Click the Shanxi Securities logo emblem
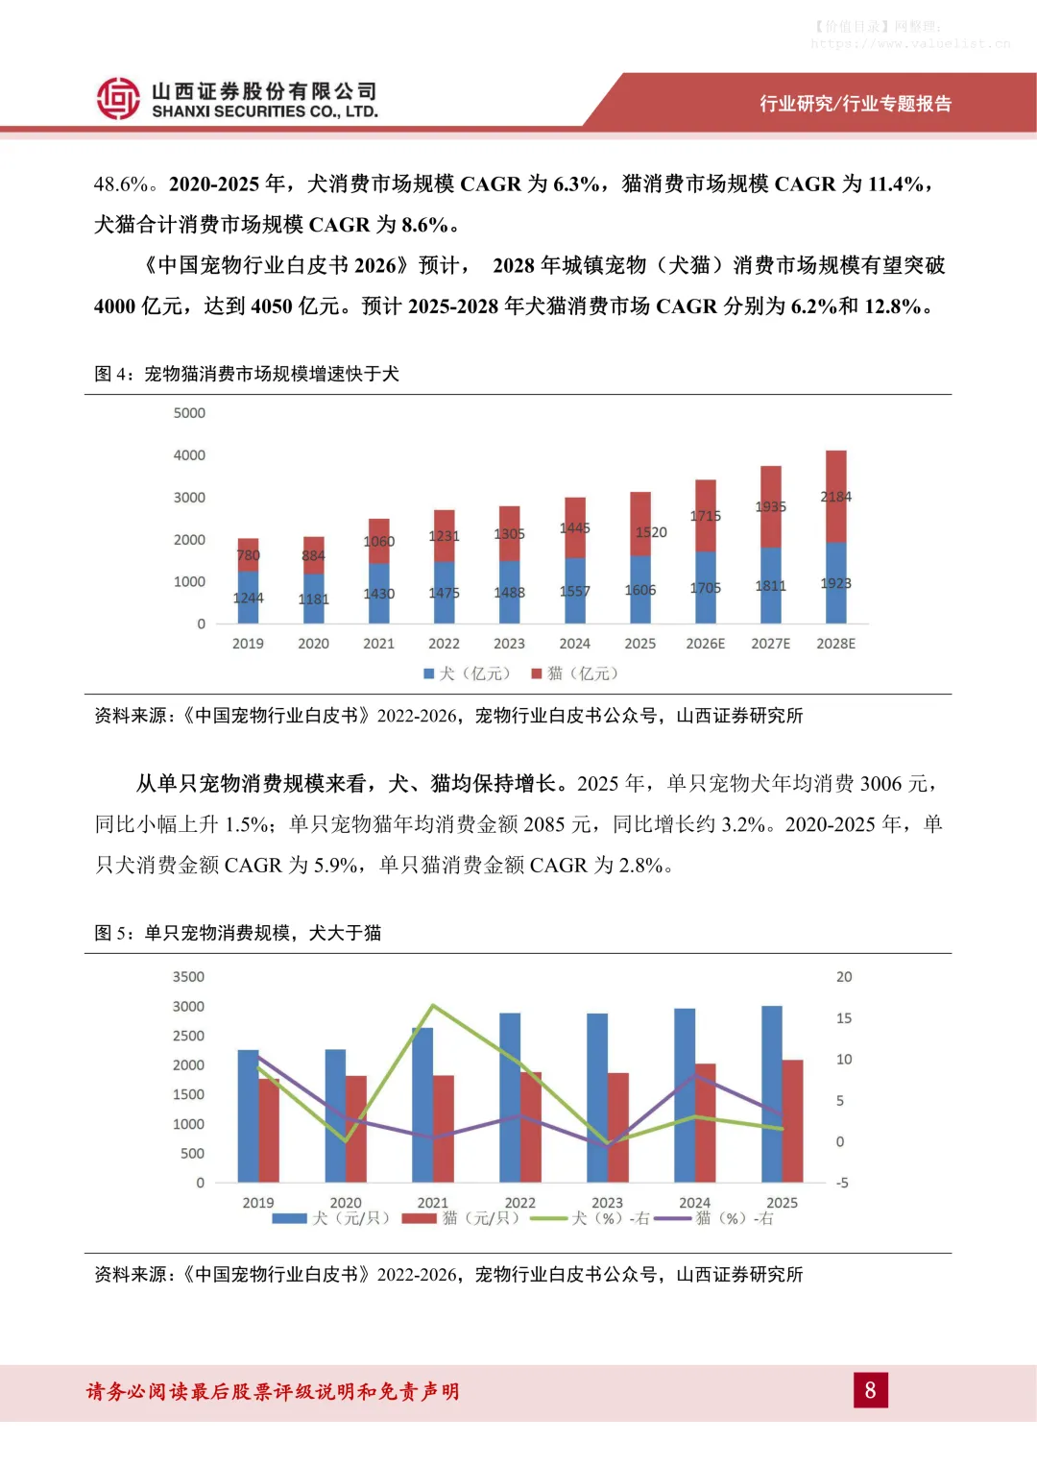pyautogui.click(x=118, y=98)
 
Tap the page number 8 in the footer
pyautogui.click(x=870, y=1390)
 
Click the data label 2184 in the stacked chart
pyautogui.click(x=835, y=497)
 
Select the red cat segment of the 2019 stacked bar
pyautogui.click(x=248, y=554)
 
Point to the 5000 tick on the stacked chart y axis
pyautogui.click(x=189, y=413)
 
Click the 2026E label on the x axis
pyautogui.click(x=705, y=644)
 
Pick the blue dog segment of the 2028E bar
pyautogui.click(x=835, y=583)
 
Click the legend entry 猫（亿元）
pyautogui.click(x=575, y=673)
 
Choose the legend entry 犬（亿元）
pyautogui.click(x=468, y=673)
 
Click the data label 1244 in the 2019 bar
pyautogui.click(x=248, y=598)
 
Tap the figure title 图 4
pyautogui.click(x=246, y=374)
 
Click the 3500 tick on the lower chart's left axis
pyautogui.click(x=188, y=977)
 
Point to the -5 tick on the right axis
pyautogui.click(x=842, y=1183)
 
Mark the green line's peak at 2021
pyautogui.click(x=433, y=1006)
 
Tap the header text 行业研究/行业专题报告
pyautogui.click(x=855, y=104)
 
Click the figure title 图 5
pyautogui.click(x=237, y=933)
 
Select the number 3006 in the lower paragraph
pyautogui.click(x=880, y=784)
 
